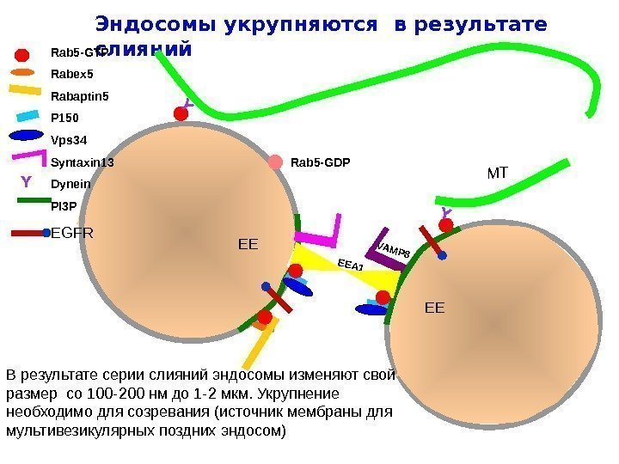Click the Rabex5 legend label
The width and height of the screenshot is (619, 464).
(72, 73)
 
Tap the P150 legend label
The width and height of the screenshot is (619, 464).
(66, 118)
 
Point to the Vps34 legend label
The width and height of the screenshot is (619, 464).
(70, 139)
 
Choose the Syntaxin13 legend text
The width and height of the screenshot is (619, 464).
(83, 162)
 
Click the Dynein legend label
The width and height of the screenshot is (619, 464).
(71, 184)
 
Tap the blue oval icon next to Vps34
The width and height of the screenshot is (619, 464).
(28, 135)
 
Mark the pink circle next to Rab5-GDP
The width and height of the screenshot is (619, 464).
(275, 162)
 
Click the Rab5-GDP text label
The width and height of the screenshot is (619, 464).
(321, 162)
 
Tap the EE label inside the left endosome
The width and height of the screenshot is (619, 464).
(248, 246)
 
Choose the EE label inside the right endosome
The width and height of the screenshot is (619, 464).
(436, 306)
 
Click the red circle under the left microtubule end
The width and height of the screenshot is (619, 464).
(181, 113)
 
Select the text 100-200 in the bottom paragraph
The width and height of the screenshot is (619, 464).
(118, 394)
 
